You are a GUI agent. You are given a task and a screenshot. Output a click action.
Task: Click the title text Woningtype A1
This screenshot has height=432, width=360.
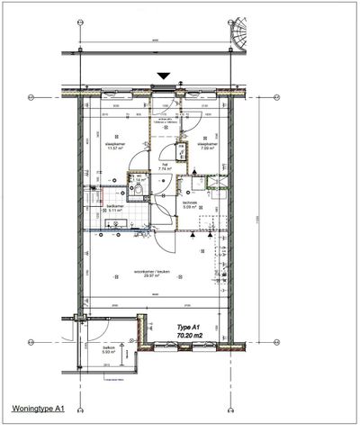(x=37, y=409)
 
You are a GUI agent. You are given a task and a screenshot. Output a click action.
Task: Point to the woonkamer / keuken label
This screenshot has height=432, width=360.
(x=139, y=272)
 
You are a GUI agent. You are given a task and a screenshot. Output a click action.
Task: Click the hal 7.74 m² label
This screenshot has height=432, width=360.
(x=164, y=166)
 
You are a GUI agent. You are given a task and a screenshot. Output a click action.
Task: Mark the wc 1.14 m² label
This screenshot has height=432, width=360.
(x=139, y=180)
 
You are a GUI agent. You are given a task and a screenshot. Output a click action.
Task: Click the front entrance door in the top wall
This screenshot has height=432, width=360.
(x=163, y=88)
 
